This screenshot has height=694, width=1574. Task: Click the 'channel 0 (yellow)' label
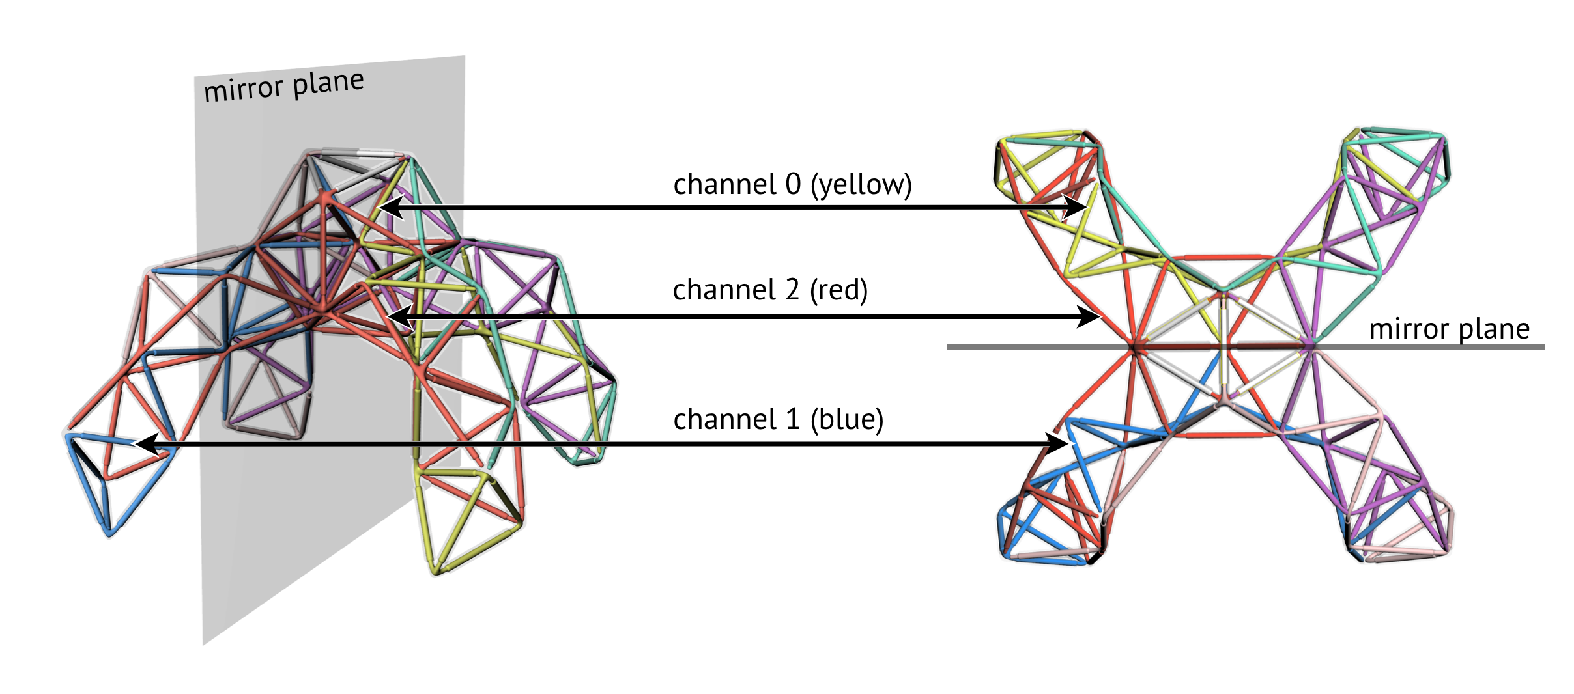792,185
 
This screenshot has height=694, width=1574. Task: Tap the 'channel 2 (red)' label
770,290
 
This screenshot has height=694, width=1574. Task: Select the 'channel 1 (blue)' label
778,420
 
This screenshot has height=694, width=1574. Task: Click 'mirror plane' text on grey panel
283,86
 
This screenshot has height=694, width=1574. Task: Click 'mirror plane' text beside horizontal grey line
1449,329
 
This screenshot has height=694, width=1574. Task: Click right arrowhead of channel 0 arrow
1079,208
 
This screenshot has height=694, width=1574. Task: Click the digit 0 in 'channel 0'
792,185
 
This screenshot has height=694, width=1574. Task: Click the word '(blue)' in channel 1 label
846,420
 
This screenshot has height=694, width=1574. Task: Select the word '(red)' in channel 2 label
838,290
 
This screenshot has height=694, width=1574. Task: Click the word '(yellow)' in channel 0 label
861,185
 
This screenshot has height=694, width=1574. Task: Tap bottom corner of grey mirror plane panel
204,643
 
